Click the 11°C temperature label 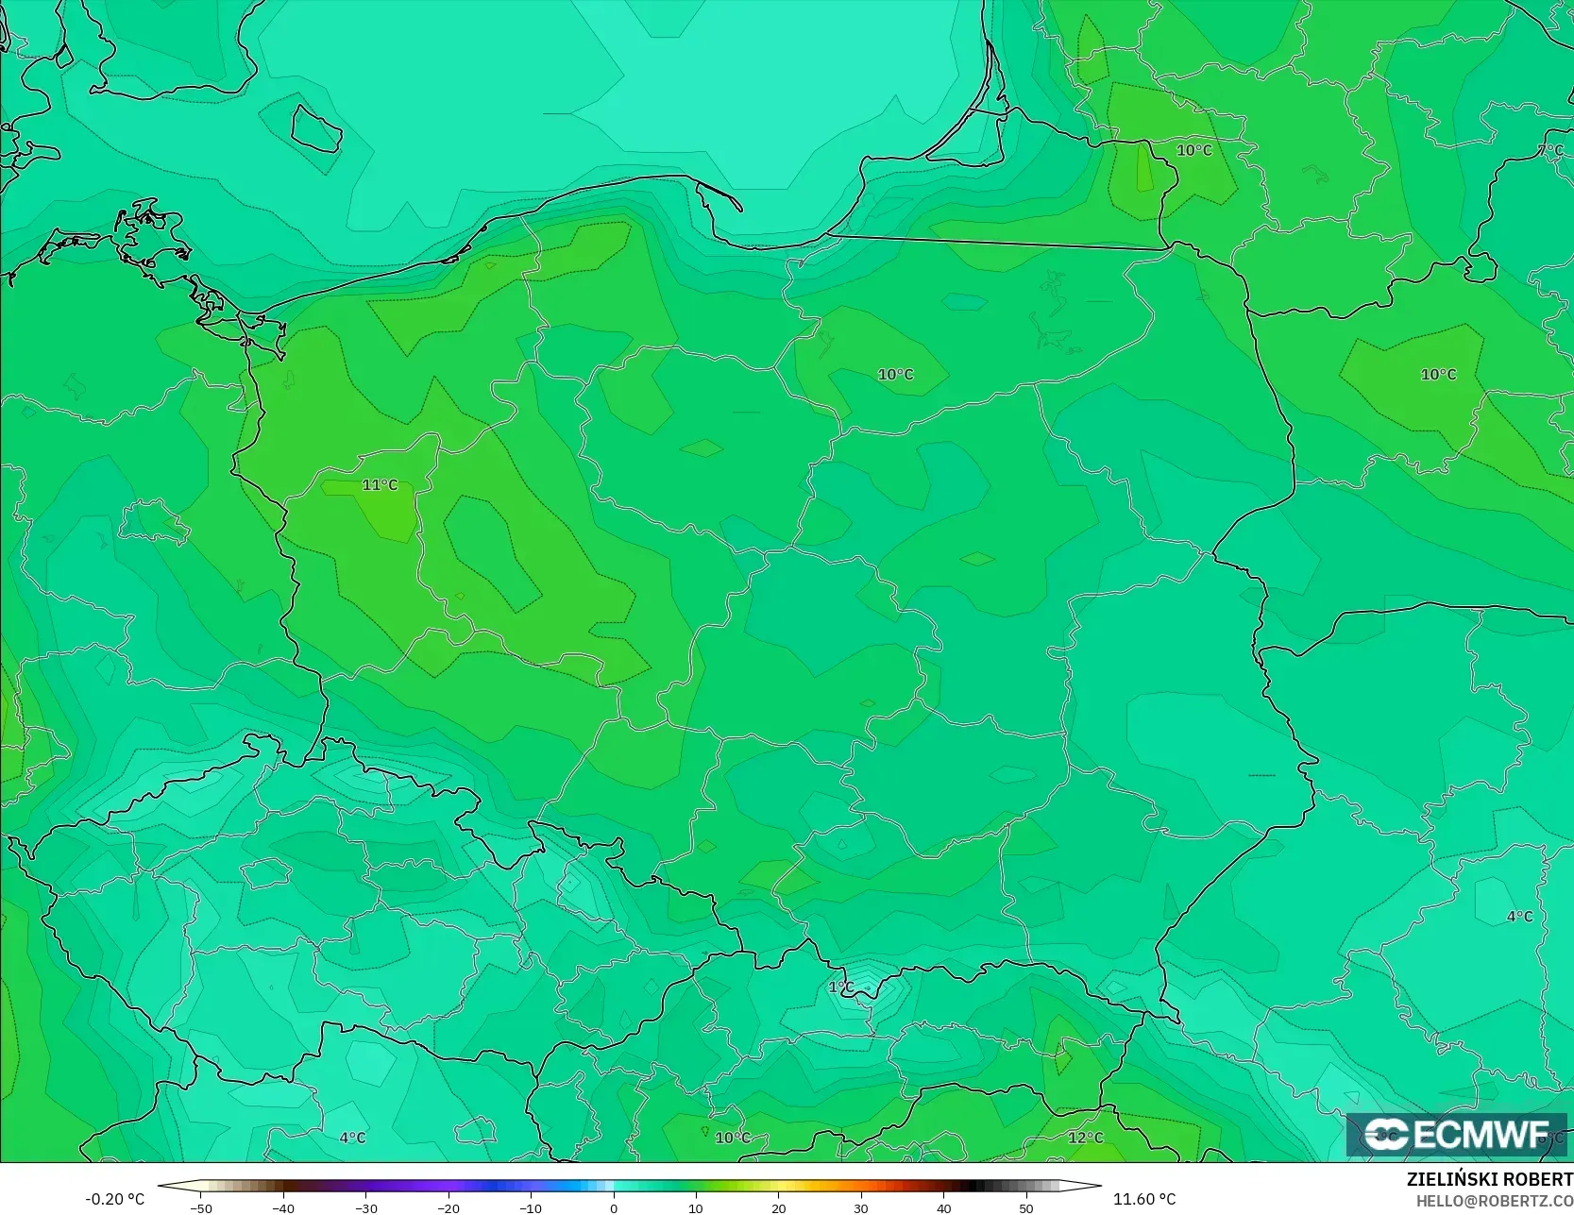point(380,485)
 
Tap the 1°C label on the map point(840,987)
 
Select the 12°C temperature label point(1085,1138)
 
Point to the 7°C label point(1550,151)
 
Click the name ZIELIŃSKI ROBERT point(1489,1179)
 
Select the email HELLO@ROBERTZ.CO point(1494,1200)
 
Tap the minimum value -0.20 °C point(115,1199)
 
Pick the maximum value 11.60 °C point(1144,1199)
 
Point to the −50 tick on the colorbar point(200,1208)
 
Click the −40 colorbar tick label point(282,1208)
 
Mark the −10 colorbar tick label point(531,1208)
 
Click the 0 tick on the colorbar point(614,1208)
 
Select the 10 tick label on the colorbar point(696,1208)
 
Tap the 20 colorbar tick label point(778,1208)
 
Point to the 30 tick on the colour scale point(861,1208)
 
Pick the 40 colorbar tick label point(943,1208)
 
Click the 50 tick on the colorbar point(1026,1208)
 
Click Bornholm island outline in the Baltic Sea point(315,127)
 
